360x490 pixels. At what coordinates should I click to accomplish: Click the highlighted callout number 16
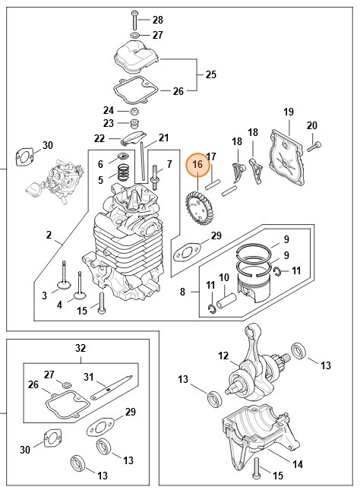click(197, 164)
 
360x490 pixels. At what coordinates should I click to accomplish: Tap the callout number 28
click(158, 19)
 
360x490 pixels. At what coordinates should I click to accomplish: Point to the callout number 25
click(211, 74)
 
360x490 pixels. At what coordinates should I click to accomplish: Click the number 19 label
click(289, 112)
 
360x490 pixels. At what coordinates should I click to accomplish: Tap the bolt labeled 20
click(316, 144)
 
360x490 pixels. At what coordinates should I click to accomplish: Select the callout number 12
click(223, 355)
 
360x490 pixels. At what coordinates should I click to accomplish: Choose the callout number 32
click(81, 348)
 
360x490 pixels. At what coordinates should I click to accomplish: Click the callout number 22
click(99, 138)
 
